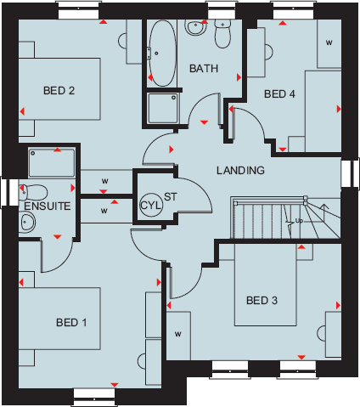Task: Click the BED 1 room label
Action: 72,322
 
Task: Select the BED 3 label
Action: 262,300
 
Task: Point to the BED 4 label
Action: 279,93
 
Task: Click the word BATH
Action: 205,68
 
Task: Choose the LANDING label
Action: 240,170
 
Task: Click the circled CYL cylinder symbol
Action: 149,205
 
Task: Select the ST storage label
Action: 170,197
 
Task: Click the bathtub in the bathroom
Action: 161,53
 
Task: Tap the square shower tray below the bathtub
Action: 162,107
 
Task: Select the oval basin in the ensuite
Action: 27,223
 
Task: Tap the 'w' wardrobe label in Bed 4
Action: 329,42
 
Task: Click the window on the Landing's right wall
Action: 347,172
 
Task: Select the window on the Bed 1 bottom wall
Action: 94,393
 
